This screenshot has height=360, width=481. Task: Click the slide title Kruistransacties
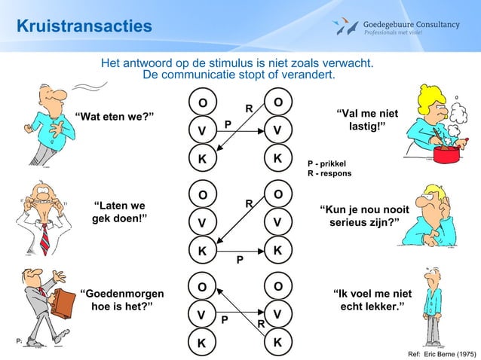[x=84, y=27]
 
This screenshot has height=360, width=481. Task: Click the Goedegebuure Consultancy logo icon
[x=347, y=28]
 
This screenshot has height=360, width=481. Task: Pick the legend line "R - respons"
[x=329, y=174]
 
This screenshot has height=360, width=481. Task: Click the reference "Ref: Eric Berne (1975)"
[x=441, y=352]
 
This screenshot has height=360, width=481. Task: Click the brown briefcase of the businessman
[x=63, y=304]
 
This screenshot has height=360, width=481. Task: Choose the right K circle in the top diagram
[x=278, y=159]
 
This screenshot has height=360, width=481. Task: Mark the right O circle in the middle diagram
[x=278, y=194]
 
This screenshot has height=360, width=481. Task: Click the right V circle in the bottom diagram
[x=278, y=314]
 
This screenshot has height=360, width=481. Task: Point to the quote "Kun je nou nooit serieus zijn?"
[x=365, y=217]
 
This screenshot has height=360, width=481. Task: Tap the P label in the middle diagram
[x=240, y=261]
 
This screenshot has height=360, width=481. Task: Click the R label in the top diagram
[x=248, y=109]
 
